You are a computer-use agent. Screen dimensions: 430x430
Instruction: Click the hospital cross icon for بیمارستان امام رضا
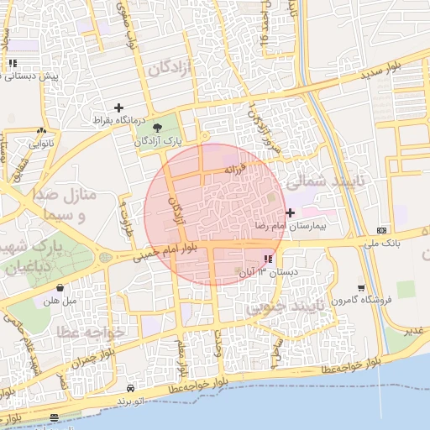[x=291, y=213]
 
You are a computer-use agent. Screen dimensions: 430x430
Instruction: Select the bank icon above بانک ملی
[x=382, y=229]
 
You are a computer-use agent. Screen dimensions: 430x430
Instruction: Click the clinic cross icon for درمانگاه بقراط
[x=118, y=107]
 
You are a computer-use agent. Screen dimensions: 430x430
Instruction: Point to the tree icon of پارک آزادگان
[x=158, y=127]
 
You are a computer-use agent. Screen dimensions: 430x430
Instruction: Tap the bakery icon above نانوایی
[x=41, y=131]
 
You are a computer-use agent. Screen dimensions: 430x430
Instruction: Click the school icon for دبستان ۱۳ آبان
[x=268, y=260]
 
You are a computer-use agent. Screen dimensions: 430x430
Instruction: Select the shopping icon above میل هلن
[x=59, y=287]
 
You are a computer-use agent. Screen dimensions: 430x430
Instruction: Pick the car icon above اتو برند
[x=131, y=388]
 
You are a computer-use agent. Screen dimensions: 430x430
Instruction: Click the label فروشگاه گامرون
[x=359, y=300]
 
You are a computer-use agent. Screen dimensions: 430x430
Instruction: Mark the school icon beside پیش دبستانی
[x=12, y=63]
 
